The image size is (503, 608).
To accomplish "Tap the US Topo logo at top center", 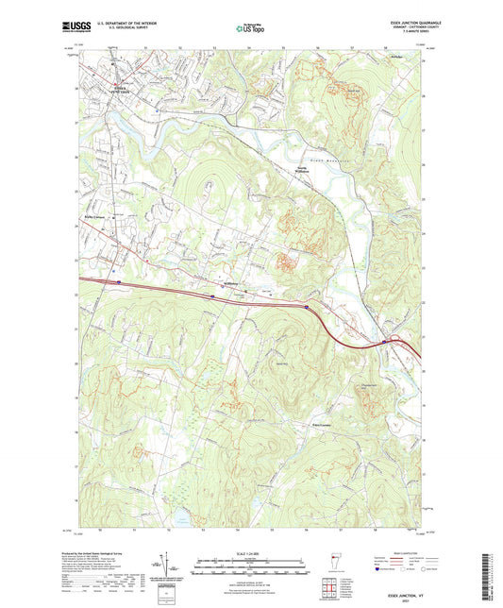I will (x=249, y=28).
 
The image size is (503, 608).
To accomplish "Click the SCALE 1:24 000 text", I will (x=251, y=554).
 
